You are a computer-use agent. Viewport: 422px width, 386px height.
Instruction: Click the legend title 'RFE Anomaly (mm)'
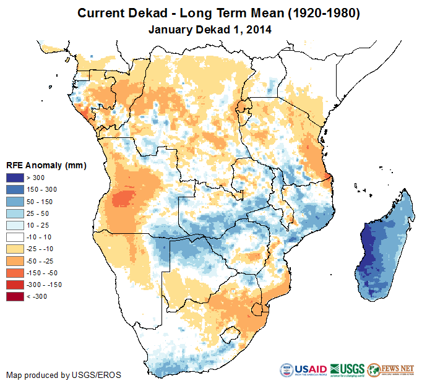(x=46, y=165)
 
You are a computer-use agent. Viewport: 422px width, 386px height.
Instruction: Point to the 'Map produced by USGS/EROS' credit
(x=64, y=375)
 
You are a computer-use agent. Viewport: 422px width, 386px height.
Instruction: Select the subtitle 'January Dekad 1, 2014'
(x=210, y=28)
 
